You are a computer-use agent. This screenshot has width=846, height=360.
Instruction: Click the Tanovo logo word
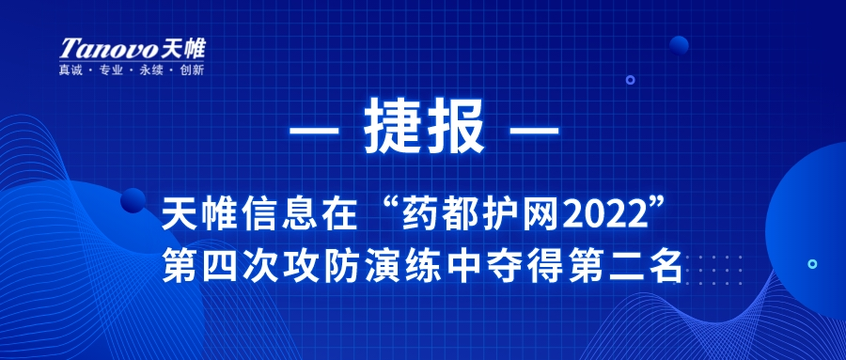coord(108,49)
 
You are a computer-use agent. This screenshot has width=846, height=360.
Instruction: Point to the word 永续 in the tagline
coord(151,70)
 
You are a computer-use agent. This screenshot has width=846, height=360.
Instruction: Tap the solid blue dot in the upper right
coord(679,45)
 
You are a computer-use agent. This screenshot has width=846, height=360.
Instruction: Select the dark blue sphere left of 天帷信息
coord(133,200)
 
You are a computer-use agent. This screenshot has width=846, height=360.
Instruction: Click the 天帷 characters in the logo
coord(183,49)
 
